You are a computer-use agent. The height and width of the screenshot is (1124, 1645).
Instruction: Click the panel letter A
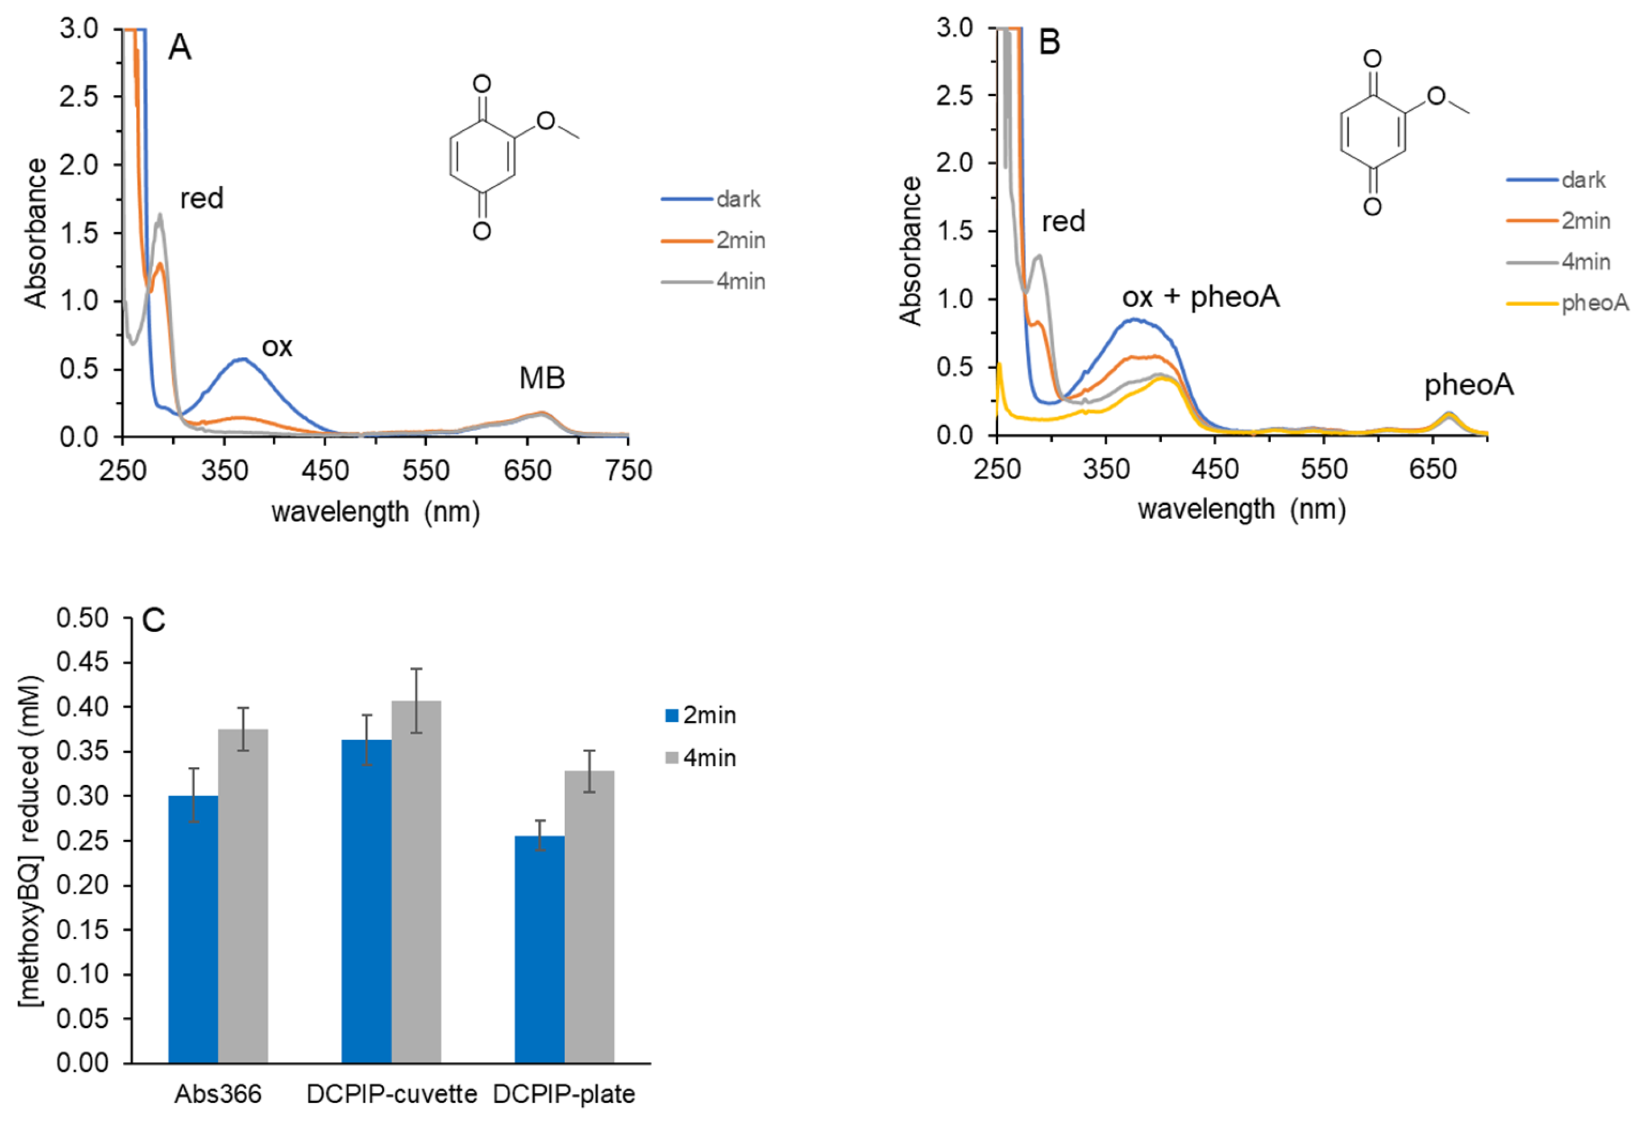[x=180, y=48]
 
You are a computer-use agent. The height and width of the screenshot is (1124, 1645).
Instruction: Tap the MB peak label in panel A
[x=542, y=379]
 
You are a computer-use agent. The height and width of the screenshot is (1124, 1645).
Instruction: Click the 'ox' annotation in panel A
[x=277, y=346]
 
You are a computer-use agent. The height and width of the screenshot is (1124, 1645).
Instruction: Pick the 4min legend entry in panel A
[x=713, y=281]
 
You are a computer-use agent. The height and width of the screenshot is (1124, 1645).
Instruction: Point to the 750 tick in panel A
[x=629, y=471]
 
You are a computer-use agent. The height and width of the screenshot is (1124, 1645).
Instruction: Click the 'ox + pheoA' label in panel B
[x=1201, y=297]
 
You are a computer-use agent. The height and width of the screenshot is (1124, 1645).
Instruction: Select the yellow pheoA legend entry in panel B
[x=1567, y=303]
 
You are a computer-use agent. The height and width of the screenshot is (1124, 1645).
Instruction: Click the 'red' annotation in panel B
[x=1063, y=222]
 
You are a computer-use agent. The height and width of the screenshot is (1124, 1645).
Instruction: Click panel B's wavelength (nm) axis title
[x=1241, y=509]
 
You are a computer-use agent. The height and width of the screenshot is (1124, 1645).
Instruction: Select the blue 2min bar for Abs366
[x=193, y=928]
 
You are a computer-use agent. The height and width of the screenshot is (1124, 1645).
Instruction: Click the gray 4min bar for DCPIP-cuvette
[x=416, y=881]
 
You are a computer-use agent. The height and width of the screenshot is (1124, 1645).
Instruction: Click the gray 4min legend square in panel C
[x=672, y=758]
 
